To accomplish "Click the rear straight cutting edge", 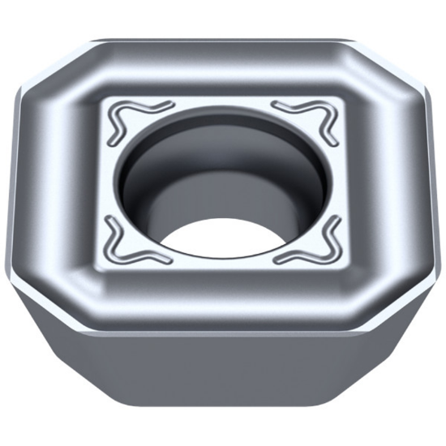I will click(x=223, y=39).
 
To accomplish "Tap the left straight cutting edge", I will click(x=14, y=187).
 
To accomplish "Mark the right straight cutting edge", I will click(x=432, y=187).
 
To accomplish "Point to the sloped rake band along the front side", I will click(x=223, y=292).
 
